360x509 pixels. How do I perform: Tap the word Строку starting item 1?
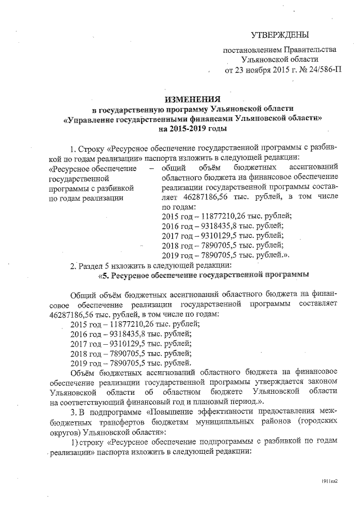click(89, 150)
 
